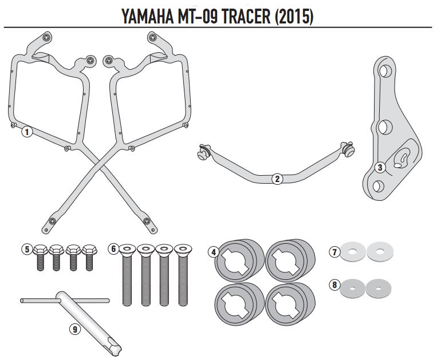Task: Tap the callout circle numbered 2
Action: click(277, 179)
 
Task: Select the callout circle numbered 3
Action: click(379, 167)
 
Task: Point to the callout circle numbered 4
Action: click(213, 252)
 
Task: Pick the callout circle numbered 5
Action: click(26, 249)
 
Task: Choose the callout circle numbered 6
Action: click(113, 249)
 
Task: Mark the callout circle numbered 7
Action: click(334, 251)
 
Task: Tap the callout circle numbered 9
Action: click(74, 329)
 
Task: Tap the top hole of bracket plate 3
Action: click(386, 72)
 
